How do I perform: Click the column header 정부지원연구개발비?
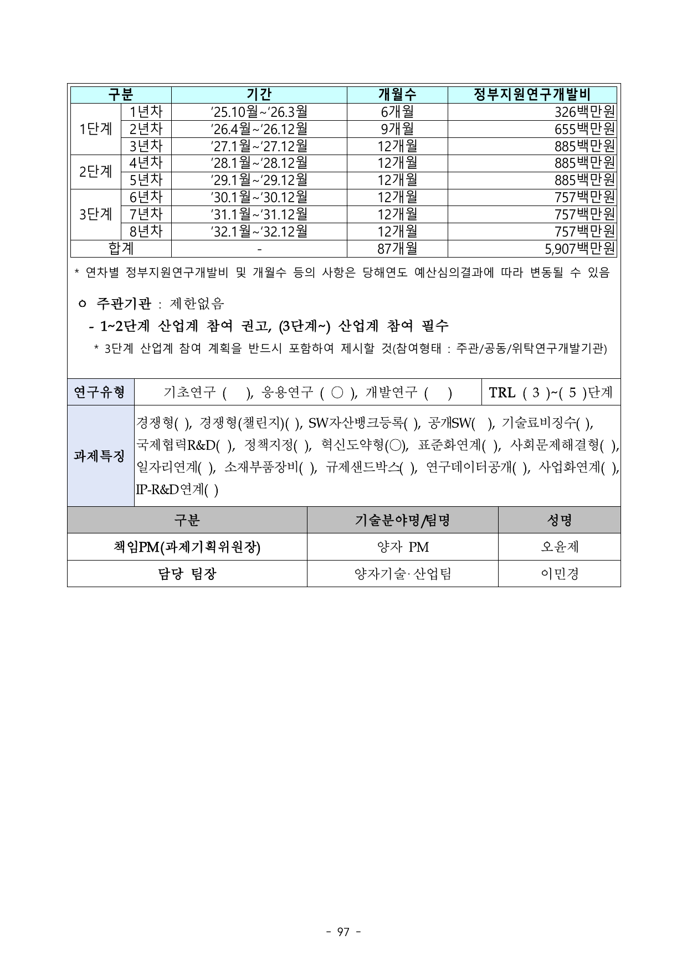532,95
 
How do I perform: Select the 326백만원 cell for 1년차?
585,112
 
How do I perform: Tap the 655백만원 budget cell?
585,129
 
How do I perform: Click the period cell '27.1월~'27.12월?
259,146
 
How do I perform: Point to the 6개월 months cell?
397,112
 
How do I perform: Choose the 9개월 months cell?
397,129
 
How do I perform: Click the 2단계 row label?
96,172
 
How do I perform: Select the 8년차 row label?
146,231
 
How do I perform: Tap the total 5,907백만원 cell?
580,249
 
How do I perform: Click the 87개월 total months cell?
397,249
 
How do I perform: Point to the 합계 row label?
121,249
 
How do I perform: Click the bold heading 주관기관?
123,304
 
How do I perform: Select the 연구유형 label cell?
100,393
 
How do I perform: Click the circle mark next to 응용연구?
337,393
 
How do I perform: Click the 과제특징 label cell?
100,456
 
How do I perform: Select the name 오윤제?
559,547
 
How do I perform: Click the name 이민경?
559,574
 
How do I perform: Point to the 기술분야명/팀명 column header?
402,520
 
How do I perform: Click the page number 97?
343,932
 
